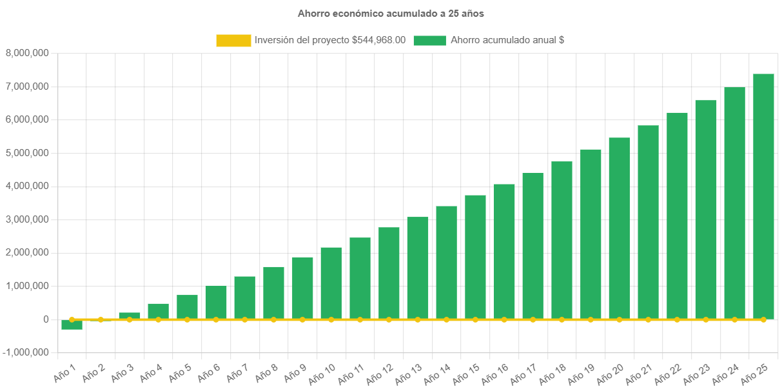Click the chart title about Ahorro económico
pyautogui.click(x=391, y=13)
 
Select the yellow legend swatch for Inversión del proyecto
pyautogui.click(x=233, y=41)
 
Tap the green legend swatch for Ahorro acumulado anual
pyautogui.click(x=429, y=41)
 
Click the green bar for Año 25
pyautogui.click(x=763, y=196)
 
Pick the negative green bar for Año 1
pyautogui.click(x=72, y=325)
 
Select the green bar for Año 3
pyautogui.click(x=130, y=316)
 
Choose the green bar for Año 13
pyautogui.click(x=418, y=267)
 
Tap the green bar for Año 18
pyautogui.click(x=562, y=239)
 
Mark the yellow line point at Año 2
pyautogui.click(x=101, y=319)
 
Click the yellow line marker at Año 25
pyautogui.click(x=763, y=319)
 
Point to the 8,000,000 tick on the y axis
pyautogui.click(x=27, y=53)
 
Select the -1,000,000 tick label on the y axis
pyautogui.click(x=26, y=353)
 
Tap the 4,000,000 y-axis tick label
pyautogui.click(x=27, y=186)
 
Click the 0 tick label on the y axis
pyautogui.click(x=46, y=319)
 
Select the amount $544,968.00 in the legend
pyautogui.click(x=379, y=40)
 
